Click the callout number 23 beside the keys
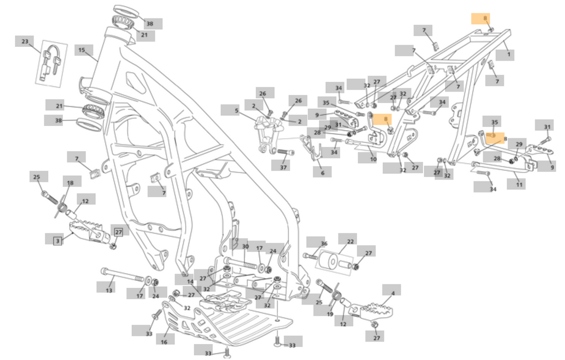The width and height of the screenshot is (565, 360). tap(24, 41)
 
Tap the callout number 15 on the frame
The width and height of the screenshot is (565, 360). tap(82, 50)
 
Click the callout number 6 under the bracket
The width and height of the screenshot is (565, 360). tap(323, 173)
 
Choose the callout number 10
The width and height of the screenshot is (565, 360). tap(374, 159)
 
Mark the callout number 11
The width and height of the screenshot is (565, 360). tap(519, 183)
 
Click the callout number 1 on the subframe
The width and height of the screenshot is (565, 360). tap(508, 54)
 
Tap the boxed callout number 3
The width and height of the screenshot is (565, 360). tap(57, 240)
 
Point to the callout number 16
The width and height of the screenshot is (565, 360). tap(164, 341)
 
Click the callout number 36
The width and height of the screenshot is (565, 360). tap(324, 244)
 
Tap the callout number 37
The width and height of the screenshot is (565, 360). tap(283, 167)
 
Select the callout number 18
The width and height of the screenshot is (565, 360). tap(70, 183)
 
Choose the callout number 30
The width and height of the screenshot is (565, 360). tap(245, 247)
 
